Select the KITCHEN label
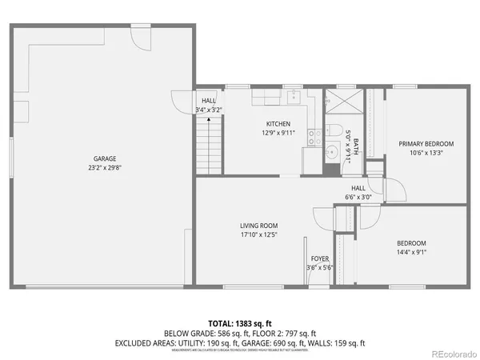pos(278,123)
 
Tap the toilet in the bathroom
pos(337,132)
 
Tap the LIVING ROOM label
pos(258,226)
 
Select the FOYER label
pos(321,258)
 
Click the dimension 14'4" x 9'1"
pos(411,252)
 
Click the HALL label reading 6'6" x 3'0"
pos(358,192)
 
